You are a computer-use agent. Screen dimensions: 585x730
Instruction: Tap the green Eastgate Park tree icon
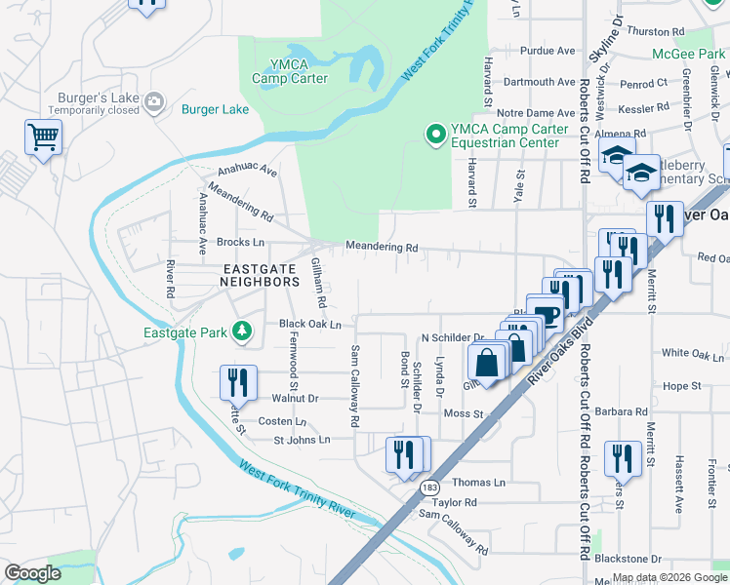(241, 332)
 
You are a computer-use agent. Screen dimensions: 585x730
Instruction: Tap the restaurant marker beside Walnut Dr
(238, 382)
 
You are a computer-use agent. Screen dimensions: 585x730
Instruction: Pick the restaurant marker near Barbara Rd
(622, 458)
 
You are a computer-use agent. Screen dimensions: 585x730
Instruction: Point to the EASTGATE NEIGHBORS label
(261, 275)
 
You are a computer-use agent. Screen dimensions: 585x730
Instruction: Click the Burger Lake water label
(216, 109)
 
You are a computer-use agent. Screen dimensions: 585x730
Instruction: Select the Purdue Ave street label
(547, 52)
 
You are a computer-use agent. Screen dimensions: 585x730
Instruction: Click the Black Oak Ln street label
(309, 324)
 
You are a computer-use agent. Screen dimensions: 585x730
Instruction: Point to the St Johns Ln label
(302, 440)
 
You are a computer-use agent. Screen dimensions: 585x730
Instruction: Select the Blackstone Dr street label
(627, 559)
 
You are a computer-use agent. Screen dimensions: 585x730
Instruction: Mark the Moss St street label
(464, 414)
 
